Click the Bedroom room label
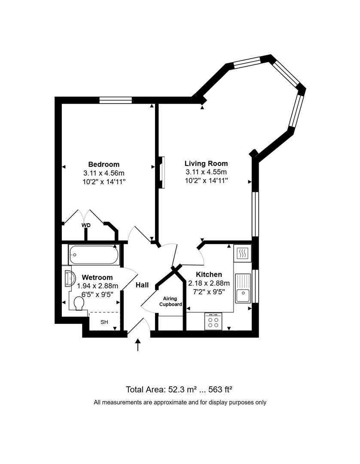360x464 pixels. point(104,164)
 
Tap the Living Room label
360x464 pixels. point(206,163)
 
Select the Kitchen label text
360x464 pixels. point(209,275)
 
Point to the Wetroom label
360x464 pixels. point(97,278)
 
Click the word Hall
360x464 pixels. point(142,285)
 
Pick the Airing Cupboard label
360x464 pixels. point(171,301)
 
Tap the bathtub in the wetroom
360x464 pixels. point(94,255)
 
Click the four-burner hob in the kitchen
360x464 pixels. point(214,322)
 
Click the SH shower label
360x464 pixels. point(104,322)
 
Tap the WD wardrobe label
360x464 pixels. point(86,225)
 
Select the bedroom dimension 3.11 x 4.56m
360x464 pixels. point(104,173)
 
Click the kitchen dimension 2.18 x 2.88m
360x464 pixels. point(209,283)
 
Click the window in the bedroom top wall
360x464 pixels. point(115,100)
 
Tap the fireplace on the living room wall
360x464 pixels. point(162,172)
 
